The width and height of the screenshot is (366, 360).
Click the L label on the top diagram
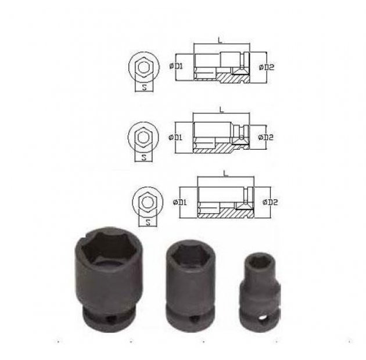click(x=220, y=40)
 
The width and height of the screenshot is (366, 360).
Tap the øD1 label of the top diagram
click(x=177, y=66)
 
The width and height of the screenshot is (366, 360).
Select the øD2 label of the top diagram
click(x=267, y=67)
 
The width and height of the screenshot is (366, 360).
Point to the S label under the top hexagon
click(x=144, y=88)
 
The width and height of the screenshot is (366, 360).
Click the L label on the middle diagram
click(x=221, y=109)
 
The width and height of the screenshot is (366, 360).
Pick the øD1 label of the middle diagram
click(x=175, y=137)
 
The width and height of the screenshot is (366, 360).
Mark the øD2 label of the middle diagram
click(x=265, y=137)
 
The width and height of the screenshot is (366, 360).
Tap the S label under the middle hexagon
click(x=144, y=157)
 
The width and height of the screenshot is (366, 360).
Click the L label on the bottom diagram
click(x=225, y=173)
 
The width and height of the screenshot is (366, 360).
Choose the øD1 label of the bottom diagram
click(x=180, y=202)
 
